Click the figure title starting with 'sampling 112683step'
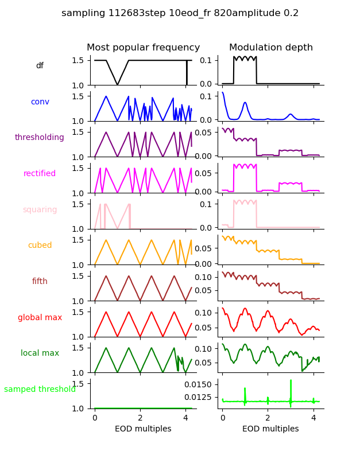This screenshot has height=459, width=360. (x=180, y=13)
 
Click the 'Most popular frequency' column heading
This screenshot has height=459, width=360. (x=143, y=48)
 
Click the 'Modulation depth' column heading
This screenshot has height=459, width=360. (x=270, y=48)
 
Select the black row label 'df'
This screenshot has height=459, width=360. (x=40, y=66)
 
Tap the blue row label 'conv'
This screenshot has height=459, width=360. (x=40, y=102)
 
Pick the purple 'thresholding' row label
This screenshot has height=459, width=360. (x=40, y=138)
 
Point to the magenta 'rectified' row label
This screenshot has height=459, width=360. (x=40, y=174)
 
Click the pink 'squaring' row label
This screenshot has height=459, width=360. (x=40, y=210)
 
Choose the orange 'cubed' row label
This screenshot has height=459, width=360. (x=40, y=246)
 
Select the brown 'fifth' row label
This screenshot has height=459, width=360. (x=40, y=282)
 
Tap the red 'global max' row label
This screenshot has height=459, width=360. (x=40, y=318)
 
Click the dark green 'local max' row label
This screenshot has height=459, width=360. (x=40, y=353)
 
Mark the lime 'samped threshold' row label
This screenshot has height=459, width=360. (x=40, y=390)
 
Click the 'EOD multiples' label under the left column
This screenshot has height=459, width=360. (x=143, y=429)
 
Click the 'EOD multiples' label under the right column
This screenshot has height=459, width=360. (x=270, y=429)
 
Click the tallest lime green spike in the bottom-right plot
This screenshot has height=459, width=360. (x=291, y=382)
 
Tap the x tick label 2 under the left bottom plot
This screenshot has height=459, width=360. (x=140, y=418)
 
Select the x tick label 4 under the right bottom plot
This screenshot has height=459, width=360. (x=313, y=418)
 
